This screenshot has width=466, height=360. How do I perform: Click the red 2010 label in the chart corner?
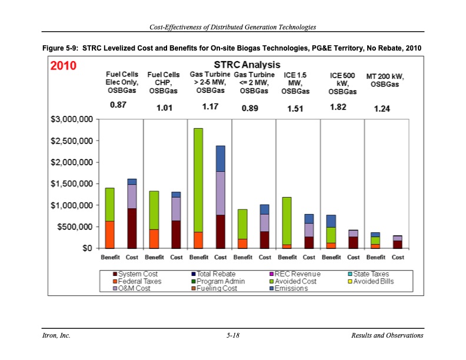tap(63, 66)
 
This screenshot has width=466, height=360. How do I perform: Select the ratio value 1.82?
tap(338, 106)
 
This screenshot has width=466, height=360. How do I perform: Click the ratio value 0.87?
tap(118, 105)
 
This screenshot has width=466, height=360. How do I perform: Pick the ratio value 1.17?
tap(210, 107)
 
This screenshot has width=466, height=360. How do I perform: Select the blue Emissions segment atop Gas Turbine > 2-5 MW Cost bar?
tap(221, 158)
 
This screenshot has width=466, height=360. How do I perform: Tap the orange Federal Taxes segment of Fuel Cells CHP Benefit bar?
tap(154, 238)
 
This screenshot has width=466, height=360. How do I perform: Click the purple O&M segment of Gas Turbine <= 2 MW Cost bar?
tap(265, 222)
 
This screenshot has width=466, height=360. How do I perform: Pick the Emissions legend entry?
tap(288, 288)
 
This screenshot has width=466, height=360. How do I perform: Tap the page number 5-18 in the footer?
tap(233, 335)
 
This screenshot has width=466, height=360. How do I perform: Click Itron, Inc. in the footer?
tap(56, 335)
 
